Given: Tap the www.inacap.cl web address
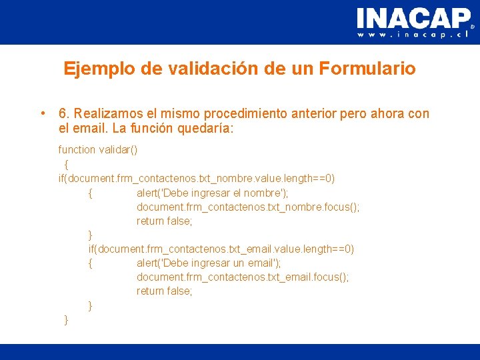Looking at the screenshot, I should point(413,35).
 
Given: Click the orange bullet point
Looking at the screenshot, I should point(42,113).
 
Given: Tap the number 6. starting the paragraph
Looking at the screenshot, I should point(64,114).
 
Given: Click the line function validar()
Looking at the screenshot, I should point(98,150).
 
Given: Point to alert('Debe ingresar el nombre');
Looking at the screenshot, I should point(212,193).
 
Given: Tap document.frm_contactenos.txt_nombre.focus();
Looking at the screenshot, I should point(248,207).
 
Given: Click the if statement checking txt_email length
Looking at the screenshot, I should point(221,249).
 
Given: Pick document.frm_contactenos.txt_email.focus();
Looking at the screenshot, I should point(243,277).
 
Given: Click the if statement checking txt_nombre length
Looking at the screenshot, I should point(197,178).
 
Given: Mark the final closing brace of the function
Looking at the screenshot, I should point(65,320).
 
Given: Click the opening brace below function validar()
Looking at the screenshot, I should point(66,164).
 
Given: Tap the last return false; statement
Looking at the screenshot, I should point(164,291).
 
